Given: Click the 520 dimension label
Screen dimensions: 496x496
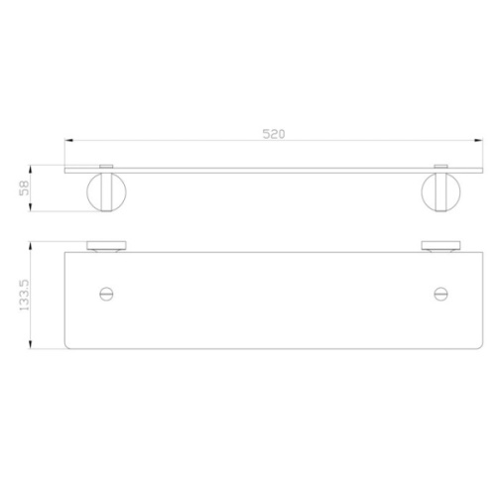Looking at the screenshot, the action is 274,134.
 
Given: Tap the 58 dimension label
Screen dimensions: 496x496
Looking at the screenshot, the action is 24,187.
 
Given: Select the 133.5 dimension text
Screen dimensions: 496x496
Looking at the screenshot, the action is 24,295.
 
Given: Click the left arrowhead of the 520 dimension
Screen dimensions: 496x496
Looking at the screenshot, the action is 68,141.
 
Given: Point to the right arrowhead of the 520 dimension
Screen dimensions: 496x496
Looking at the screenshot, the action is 479,141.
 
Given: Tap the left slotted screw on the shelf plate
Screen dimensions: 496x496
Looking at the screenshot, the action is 106,294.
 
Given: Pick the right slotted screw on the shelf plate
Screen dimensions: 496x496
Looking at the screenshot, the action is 440,294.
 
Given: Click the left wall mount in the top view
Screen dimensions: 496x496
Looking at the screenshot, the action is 106,246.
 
